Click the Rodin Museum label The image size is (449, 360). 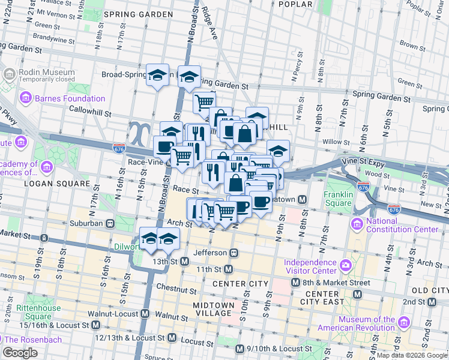(x=40, y=71)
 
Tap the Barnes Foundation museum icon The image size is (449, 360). (x=26, y=98)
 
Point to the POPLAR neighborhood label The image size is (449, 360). (x=296, y=4)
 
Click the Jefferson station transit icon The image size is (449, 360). (x=235, y=253)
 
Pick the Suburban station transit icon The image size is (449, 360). (x=110, y=223)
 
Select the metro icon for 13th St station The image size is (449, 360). (x=185, y=262)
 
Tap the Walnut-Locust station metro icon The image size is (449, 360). (x=146, y=314)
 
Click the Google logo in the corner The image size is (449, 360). (x=20, y=352)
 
